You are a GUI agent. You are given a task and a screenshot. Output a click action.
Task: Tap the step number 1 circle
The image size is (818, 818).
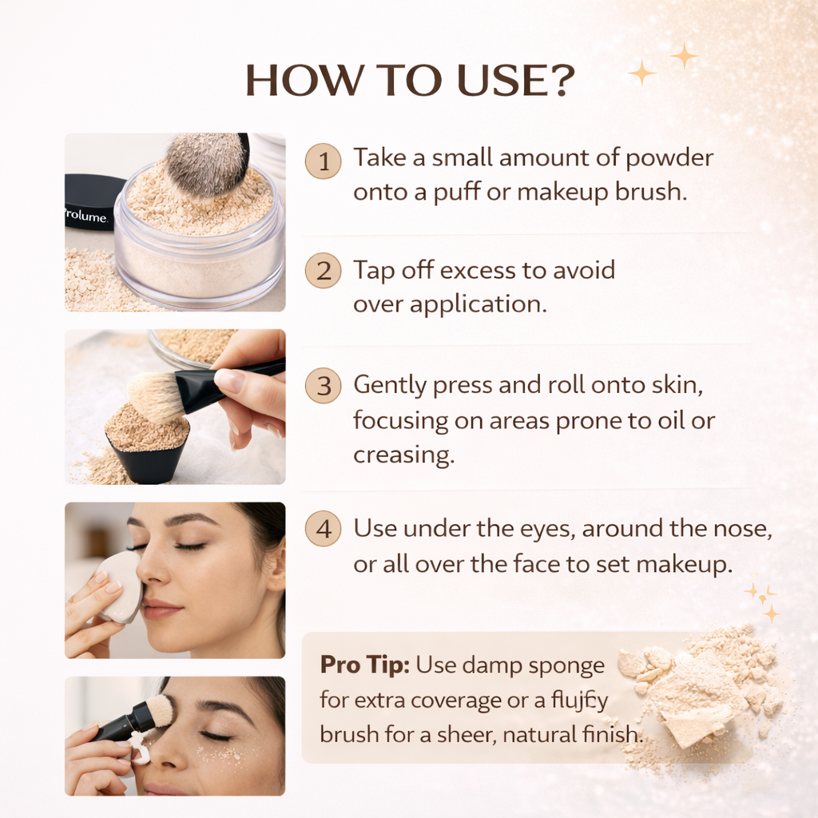323,161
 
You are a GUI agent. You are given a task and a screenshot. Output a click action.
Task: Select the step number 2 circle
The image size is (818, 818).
323,272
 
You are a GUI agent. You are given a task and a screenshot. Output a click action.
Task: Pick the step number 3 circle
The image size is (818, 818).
323,387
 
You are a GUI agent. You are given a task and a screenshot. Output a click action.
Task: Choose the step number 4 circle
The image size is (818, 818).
323,530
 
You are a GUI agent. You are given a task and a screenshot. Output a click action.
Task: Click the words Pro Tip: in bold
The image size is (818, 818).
365,665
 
